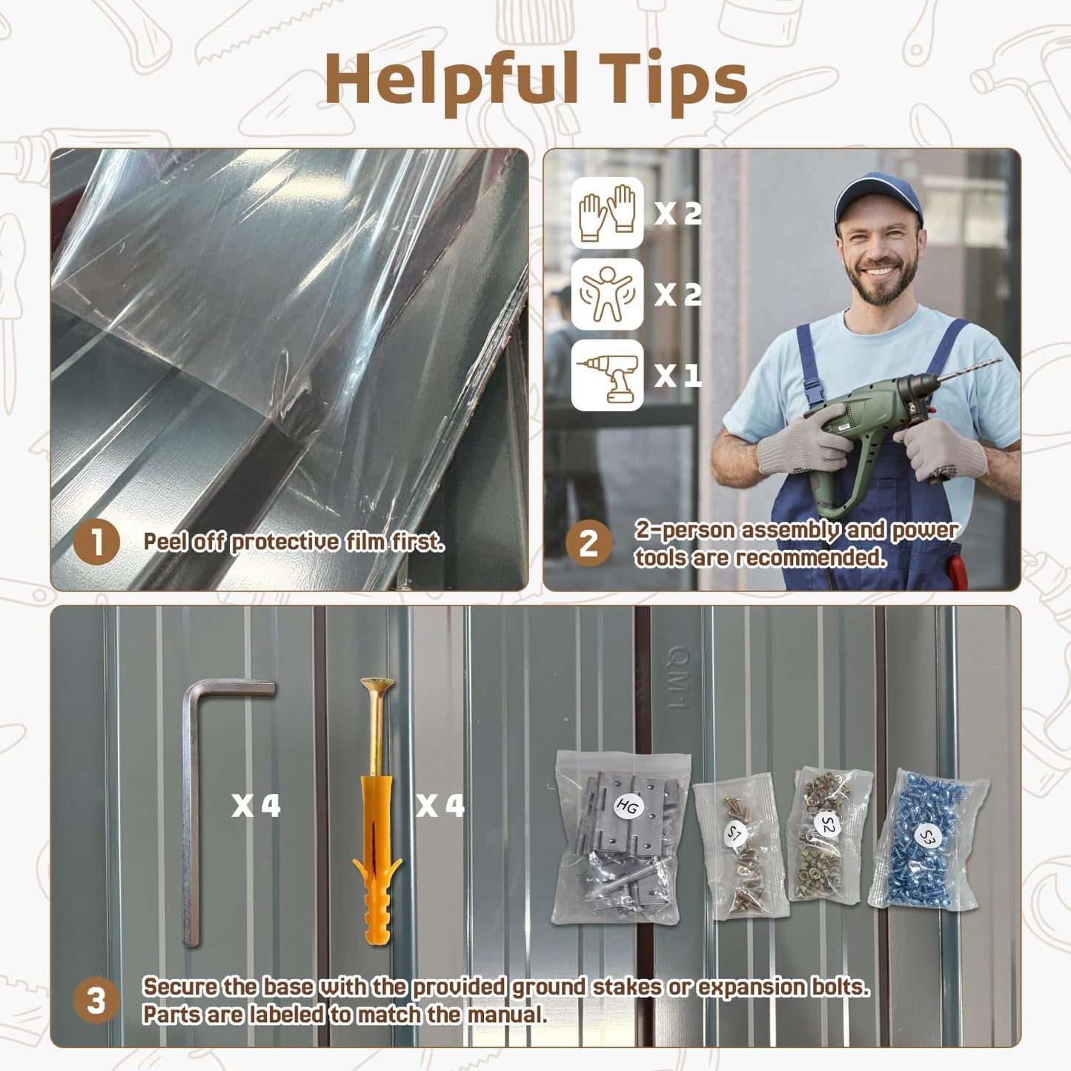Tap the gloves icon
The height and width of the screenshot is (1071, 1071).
coord(607,213)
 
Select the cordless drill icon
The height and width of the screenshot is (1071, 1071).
coord(607,375)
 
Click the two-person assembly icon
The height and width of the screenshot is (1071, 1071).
coord(607,294)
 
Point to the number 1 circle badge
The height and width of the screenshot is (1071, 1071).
coord(96,542)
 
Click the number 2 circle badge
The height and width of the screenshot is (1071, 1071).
coord(589,543)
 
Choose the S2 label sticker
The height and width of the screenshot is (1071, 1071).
coord(828,825)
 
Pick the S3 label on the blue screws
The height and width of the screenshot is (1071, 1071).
coord(926,837)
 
